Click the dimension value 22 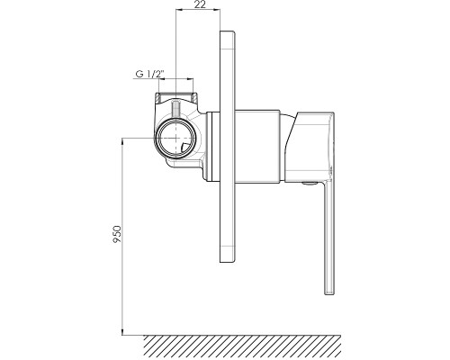[200, 4]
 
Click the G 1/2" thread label [150, 74]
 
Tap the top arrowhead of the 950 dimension [122, 141]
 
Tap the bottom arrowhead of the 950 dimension [122, 331]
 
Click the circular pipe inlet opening [175, 138]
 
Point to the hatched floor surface [242, 347]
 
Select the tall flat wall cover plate [228, 147]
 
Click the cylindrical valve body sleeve [257, 147]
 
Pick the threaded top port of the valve [175, 96]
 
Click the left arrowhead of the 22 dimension [179, 10]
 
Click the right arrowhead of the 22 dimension [217, 10]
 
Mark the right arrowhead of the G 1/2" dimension [190, 79]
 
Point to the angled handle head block [310, 147]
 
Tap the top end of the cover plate [228, 31]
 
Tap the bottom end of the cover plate [228, 263]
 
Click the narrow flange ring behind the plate [213, 147]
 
